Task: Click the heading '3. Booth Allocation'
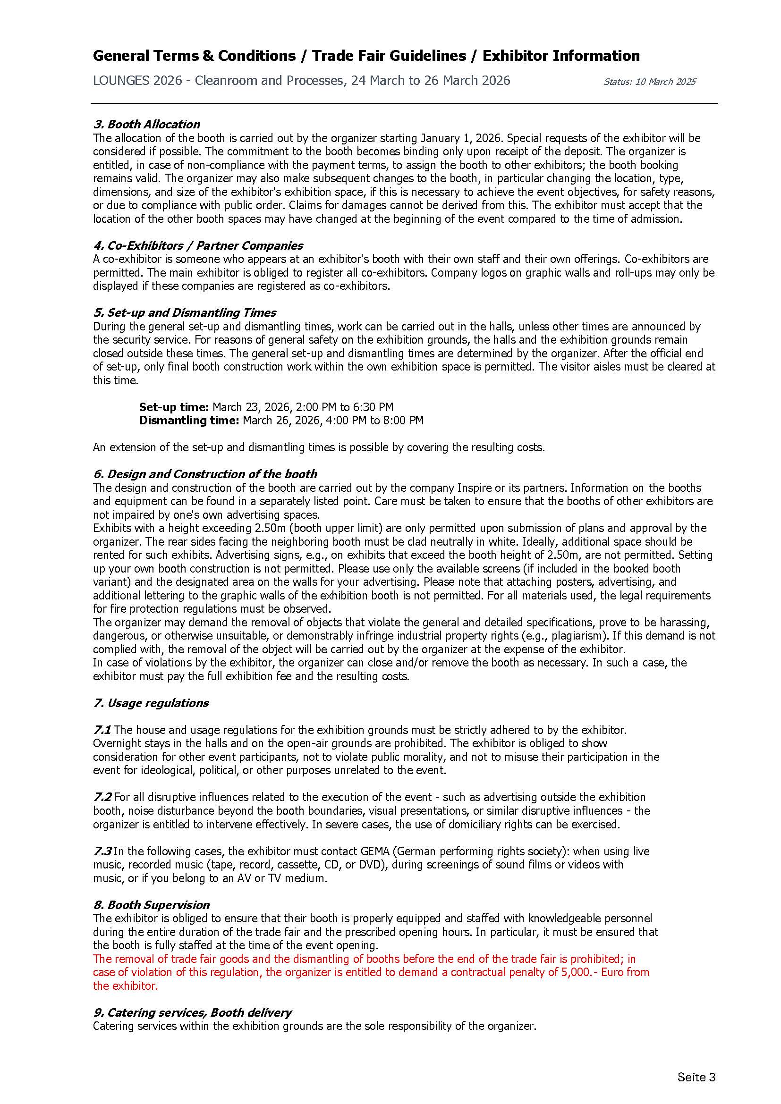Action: [x=146, y=124]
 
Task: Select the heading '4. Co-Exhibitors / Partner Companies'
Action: [x=198, y=245]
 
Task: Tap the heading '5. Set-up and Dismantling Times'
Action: [x=184, y=312]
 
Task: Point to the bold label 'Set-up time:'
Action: [x=174, y=407]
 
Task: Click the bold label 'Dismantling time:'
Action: [x=188, y=420]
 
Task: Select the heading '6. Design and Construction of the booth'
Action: [x=205, y=473]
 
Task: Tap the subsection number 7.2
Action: [x=102, y=797]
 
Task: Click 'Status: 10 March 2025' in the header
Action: [x=649, y=82]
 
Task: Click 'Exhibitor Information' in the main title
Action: [x=561, y=56]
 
